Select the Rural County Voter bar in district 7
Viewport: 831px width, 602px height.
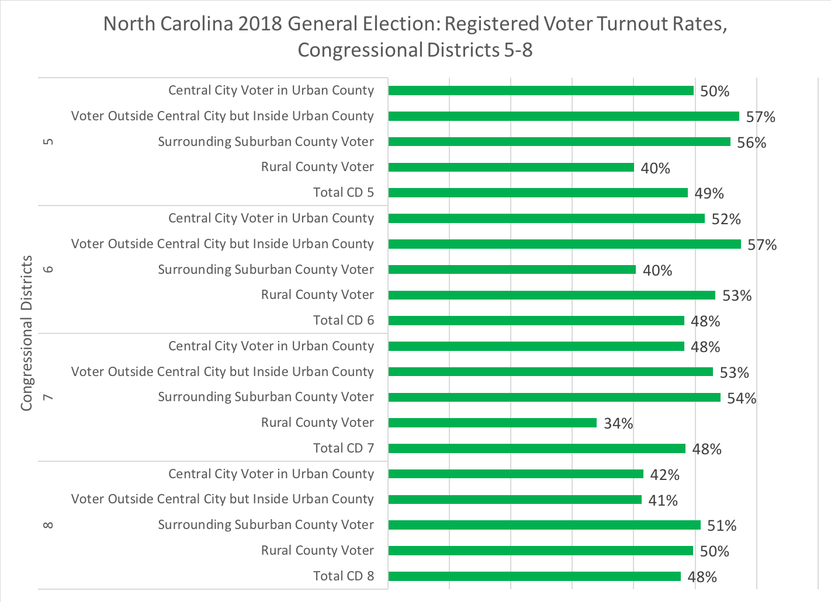click(x=492, y=423)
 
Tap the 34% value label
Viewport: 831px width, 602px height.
click(x=618, y=423)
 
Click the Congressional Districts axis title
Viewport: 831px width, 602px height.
click(x=27, y=333)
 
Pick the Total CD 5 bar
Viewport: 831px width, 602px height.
click(x=538, y=193)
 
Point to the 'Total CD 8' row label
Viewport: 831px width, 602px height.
click(x=343, y=576)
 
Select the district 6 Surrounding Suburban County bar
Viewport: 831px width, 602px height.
click(x=512, y=270)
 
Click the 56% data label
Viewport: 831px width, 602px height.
click(x=752, y=143)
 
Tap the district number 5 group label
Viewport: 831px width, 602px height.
click(x=49, y=142)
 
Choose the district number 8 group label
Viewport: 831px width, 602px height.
click(x=49, y=525)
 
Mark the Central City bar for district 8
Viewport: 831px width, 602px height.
click(x=515, y=474)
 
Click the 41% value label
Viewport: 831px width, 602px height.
click(x=663, y=500)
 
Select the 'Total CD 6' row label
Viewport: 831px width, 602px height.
click(x=343, y=321)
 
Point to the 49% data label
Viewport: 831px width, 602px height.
click(x=709, y=193)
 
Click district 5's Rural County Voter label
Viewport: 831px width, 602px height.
click(x=317, y=167)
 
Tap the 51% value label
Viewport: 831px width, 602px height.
click(x=722, y=526)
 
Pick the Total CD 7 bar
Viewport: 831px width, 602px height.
click(x=536, y=448)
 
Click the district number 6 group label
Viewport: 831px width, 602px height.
click(x=49, y=269)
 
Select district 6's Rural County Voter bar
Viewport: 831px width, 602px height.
click(x=552, y=295)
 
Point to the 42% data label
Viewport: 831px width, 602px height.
click(x=664, y=475)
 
